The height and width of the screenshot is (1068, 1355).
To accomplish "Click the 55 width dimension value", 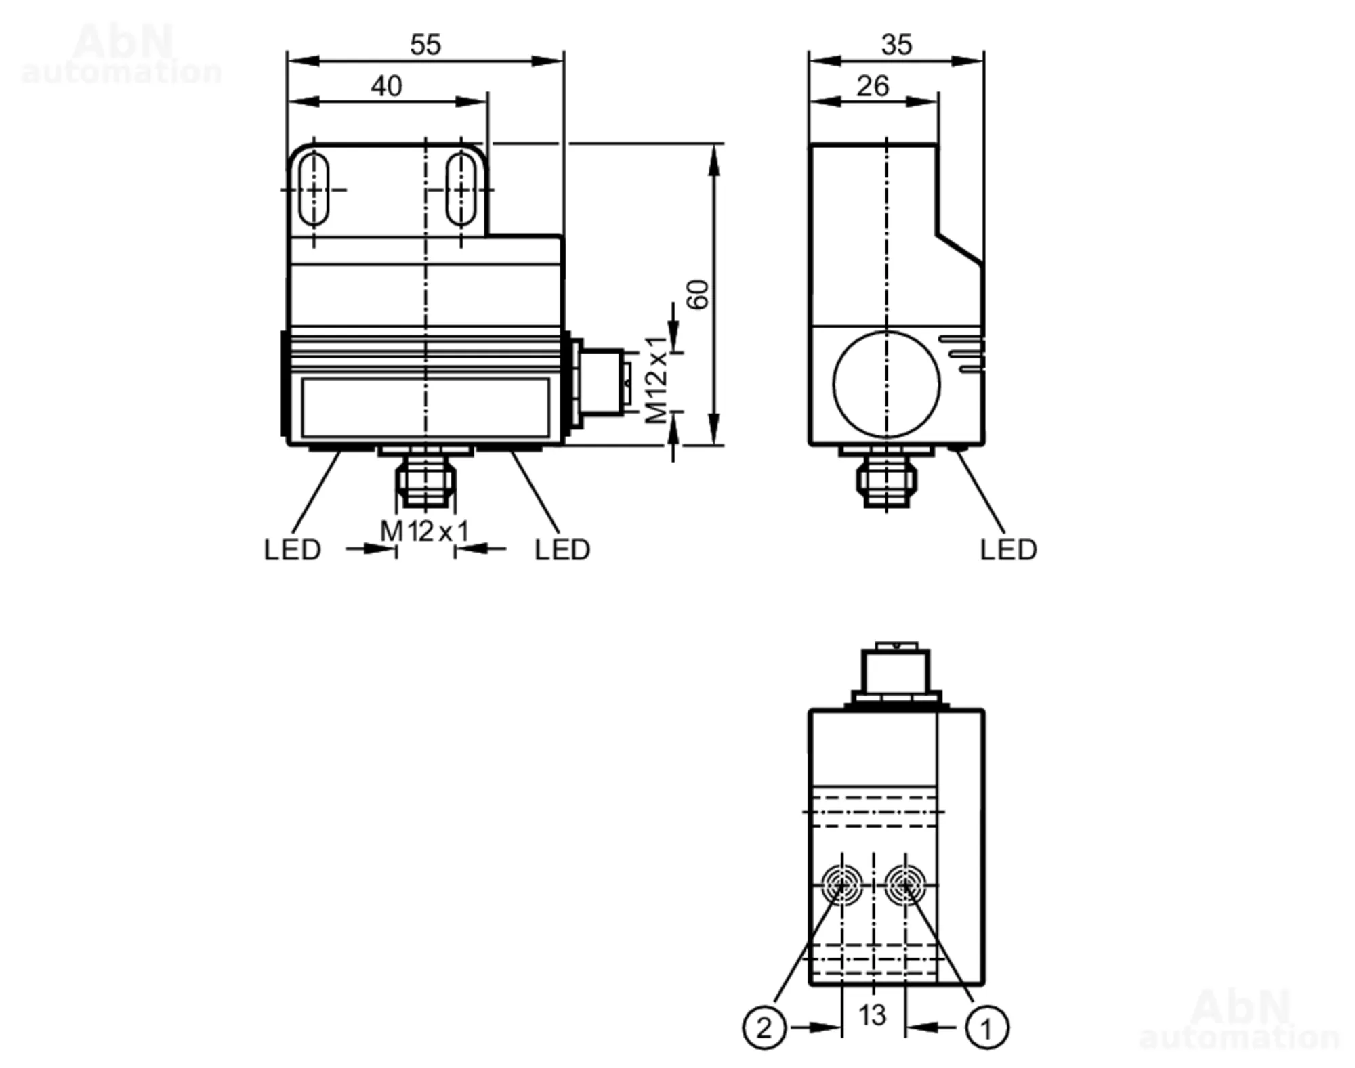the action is [x=425, y=45].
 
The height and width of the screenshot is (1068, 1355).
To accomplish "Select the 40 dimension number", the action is [x=386, y=86].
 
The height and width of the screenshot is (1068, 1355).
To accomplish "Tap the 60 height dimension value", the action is [x=698, y=295].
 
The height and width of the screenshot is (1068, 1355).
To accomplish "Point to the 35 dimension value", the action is [x=896, y=45].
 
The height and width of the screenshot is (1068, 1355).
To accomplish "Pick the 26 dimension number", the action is [x=873, y=86].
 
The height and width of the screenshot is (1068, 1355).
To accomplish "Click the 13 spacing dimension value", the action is [x=872, y=1015].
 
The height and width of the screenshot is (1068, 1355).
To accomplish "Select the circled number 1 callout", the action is [x=986, y=1028].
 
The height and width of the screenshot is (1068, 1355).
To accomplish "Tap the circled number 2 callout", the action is [x=764, y=1028].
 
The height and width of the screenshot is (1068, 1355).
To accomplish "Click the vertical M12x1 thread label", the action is [x=656, y=379].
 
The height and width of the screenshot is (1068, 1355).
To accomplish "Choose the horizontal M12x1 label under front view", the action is [x=424, y=532].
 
